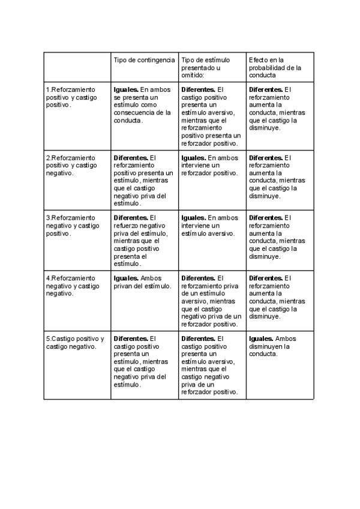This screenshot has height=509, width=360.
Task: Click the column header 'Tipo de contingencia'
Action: point(144,60)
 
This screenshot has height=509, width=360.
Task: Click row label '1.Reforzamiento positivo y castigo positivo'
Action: point(71,97)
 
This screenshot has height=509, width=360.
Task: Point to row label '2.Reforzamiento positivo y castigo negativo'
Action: point(71,165)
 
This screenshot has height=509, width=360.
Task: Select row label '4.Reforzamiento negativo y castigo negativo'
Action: point(73,286)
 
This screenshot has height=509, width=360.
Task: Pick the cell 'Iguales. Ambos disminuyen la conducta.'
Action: point(272,346)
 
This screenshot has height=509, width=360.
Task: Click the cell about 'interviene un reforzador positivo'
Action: point(209,165)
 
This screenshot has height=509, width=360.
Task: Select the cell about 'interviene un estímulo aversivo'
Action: point(209,225)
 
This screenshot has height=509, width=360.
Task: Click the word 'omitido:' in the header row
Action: point(193,75)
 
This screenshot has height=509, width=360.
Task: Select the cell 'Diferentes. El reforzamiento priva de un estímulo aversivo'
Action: point(211,301)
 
